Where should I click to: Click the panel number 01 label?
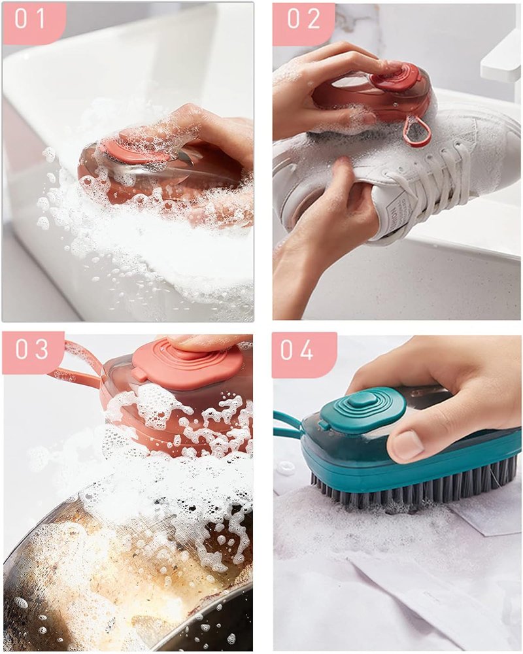[x=29, y=18]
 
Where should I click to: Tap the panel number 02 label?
[x=303, y=18]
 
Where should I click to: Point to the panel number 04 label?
[x=297, y=350]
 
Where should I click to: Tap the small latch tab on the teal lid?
[x=323, y=424]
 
